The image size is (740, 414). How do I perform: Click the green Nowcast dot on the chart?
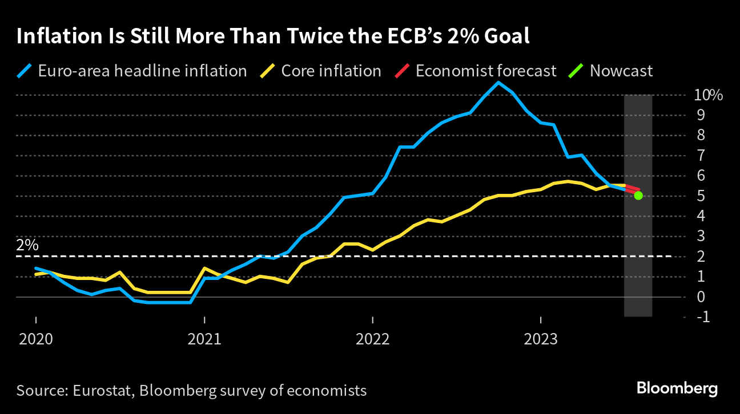638,196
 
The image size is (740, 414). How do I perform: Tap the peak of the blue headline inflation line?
498,83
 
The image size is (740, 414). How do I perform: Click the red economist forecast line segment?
632,188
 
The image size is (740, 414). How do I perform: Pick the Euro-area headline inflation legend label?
142,71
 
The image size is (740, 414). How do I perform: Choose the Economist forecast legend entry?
485,71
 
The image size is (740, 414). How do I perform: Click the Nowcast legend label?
621,71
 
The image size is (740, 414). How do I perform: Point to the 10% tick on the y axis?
709,95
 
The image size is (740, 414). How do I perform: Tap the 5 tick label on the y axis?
700,196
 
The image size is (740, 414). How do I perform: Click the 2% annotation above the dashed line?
27,245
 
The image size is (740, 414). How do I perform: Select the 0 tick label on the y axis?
700,297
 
